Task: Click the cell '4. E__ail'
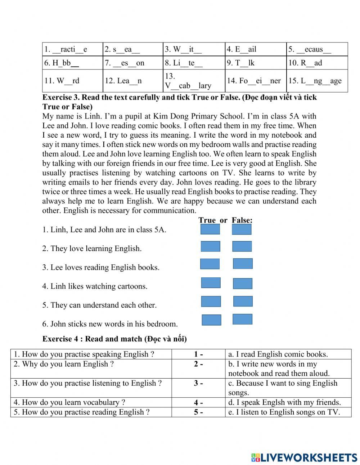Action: pos(256,49)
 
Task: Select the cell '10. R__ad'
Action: pos(317,63)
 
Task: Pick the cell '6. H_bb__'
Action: pos(72,63)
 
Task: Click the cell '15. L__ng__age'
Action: pos(317,81)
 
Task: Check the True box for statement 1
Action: pos(210,229)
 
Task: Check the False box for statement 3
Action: pos(243,264)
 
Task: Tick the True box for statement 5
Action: pos(211,301)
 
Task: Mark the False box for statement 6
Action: pos(242,319)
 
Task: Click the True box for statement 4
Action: pos(211,283)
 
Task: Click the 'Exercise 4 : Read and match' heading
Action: pos(114,339)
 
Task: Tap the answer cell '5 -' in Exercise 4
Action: pos(198,412)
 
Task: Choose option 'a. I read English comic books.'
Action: pos(278,354)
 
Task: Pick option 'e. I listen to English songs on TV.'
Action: pos(284,412)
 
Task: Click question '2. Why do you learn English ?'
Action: pos(64,364)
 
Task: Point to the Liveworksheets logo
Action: pos(304,457)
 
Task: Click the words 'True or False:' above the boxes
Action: pos(225,220)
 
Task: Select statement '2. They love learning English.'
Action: pos(92,249)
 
